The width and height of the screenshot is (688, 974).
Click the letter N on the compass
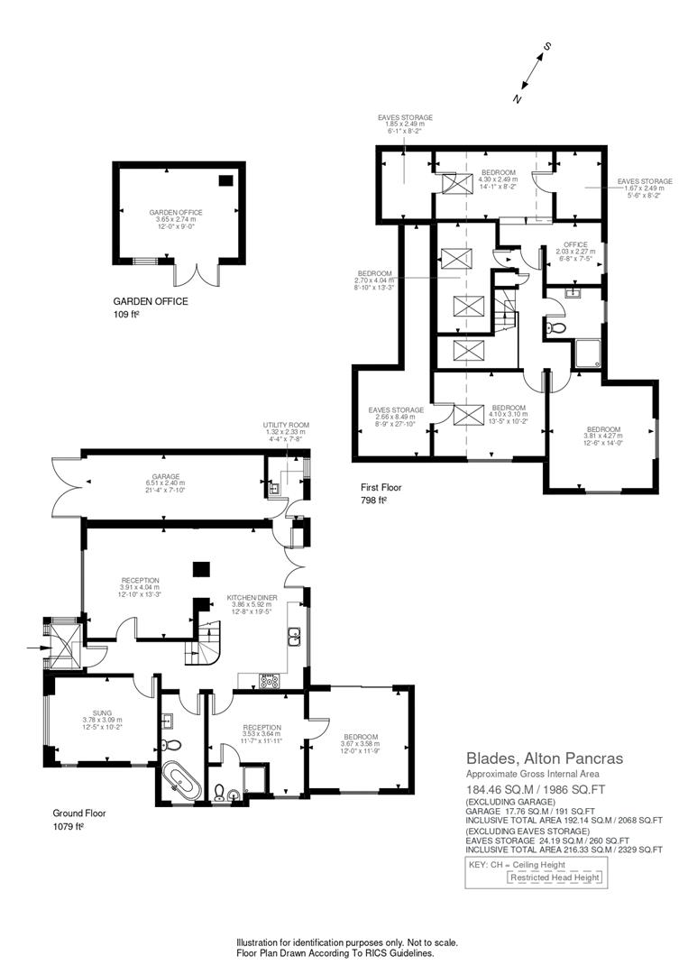tap(517, 99)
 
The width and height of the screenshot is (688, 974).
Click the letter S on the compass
tap(546, 46)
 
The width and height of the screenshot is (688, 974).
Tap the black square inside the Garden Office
tap(225, 180)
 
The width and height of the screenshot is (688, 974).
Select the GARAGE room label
tap(165, 476)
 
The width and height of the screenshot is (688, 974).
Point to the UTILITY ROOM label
tap(286, 425)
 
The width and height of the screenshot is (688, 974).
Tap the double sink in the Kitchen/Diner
tap(294, 638)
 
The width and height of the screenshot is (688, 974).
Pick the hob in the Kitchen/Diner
tap(269, 681)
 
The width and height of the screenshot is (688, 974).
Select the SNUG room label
tap(101, 712)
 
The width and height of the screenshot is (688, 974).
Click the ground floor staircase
tap(204, 642)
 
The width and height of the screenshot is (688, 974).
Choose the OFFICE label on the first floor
tap(575, 244)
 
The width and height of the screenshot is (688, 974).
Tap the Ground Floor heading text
tap(79, 813)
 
